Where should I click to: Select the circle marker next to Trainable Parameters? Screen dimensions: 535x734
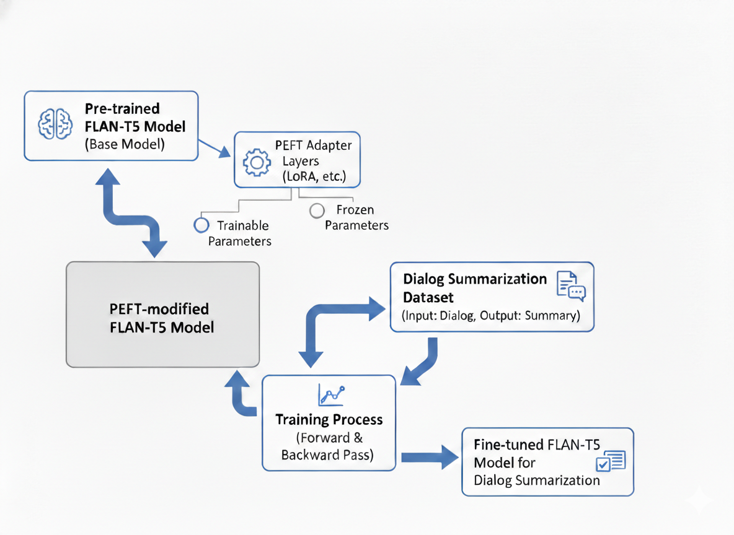201,225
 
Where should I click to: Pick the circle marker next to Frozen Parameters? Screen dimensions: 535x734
317,211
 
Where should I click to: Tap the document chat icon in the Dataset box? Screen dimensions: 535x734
571,286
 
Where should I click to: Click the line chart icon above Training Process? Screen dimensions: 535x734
330,394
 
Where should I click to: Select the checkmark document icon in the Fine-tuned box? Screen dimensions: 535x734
610,462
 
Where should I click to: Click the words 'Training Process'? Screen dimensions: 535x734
329,420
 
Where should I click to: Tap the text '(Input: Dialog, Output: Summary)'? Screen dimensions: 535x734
491,316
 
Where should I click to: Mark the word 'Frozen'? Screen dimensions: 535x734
355,210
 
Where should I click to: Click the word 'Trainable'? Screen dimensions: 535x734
242,225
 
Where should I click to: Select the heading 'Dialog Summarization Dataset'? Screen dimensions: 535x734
475,287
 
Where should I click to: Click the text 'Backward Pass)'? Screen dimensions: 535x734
327,455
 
